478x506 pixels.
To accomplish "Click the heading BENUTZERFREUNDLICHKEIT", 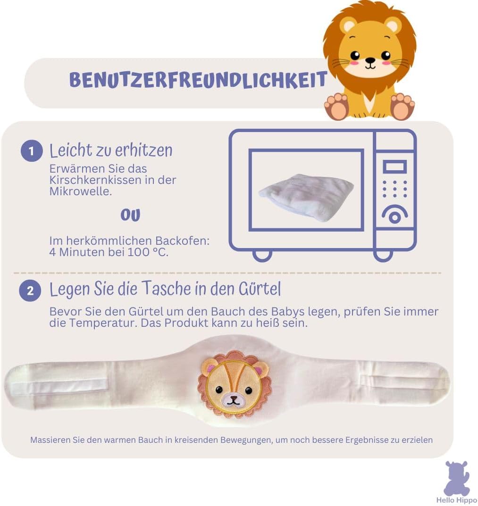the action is point(198,80).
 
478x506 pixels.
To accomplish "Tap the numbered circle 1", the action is point(32,151).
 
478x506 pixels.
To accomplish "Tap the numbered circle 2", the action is point(30,290).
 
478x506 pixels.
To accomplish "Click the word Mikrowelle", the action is point(80,191).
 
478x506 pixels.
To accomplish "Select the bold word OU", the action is point(131,215).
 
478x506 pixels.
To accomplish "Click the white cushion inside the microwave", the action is point(305,196).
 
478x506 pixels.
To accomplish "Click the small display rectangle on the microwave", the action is point(394,167).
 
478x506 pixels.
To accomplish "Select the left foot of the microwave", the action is point(262,256).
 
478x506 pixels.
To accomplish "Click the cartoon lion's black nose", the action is point(370,60).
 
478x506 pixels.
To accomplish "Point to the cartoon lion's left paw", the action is point(336,107).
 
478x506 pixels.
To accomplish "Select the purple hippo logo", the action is point(457,478).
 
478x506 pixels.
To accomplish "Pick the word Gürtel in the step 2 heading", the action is point(260,289).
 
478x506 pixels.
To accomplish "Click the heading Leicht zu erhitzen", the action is point(111,150).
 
